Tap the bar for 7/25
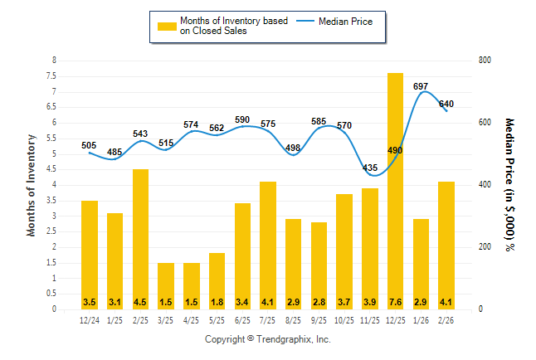click(267, 245)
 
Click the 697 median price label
click(421, 86)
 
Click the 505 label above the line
click(90, 145)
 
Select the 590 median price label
click(242, 120)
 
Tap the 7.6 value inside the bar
click(395, 301)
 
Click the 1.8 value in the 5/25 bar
click(217, 301)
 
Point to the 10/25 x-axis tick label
click(344, 320)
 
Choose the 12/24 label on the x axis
click(90, 320)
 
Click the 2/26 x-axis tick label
click(446, 320)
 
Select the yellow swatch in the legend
click(166, 27)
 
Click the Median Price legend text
click(352, 22)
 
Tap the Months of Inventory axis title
click(32, 185)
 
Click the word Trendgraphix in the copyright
click(281, 339)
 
